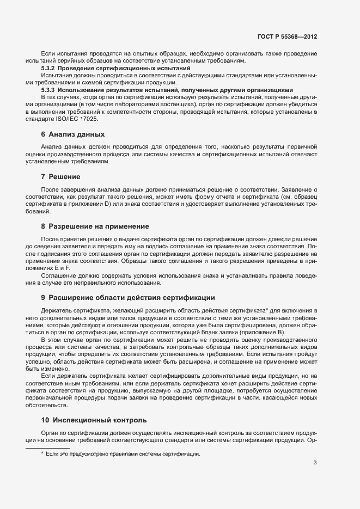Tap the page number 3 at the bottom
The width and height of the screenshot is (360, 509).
tap(315, 463)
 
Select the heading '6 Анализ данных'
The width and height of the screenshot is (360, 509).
tap(73, 134)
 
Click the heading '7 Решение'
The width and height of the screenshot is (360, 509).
tap(60, 177)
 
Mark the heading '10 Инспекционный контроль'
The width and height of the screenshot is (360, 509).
tap(94, 420)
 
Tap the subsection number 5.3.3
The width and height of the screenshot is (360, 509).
tap(48, 89)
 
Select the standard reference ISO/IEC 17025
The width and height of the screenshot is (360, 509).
tap(76, 118)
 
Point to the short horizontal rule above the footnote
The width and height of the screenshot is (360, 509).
tap(47, 447)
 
